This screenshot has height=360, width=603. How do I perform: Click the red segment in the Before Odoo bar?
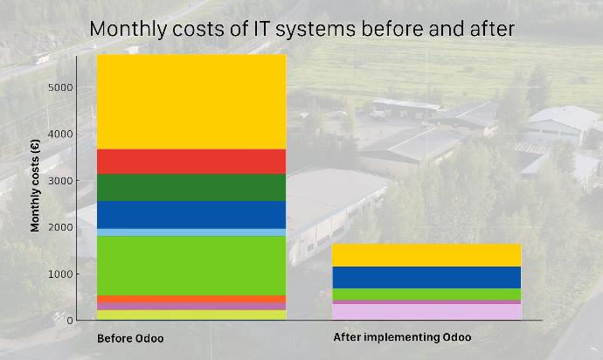(x=191, y=162)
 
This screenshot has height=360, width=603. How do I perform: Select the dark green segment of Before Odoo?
(x=191, y=188)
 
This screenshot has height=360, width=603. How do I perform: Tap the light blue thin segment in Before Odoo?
(x=191, y=232)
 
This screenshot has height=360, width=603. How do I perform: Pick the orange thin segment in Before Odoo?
(x=191, y=299)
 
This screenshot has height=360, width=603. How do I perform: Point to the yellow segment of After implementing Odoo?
(x=426, y=255)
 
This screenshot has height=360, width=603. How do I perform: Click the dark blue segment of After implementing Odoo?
(x=426, y=277)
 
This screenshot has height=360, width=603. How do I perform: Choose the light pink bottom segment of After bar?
(x=426, y=312)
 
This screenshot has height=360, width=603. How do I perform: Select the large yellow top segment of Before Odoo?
(x=191, y=102)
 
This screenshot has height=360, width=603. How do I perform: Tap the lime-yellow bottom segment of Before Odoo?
(x=191, y=315)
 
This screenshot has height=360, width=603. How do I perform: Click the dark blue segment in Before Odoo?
(x=191, y=215)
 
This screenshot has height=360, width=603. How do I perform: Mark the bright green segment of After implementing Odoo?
(x=426, y=294)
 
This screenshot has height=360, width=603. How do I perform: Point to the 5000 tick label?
(x=60, y=87)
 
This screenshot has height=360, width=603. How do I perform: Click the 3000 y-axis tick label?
(x=60, y=181)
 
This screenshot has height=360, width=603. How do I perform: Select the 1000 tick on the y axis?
(x=60, y=274)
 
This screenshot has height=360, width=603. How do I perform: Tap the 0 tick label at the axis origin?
(x=70, y=321)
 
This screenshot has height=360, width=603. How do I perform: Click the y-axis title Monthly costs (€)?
(x=35, y=185)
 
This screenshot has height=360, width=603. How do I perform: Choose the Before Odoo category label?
(x=130, y=338)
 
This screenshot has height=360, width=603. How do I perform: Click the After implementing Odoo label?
(x=402, y=337)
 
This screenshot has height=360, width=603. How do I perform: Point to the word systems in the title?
(x=315, y=29)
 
